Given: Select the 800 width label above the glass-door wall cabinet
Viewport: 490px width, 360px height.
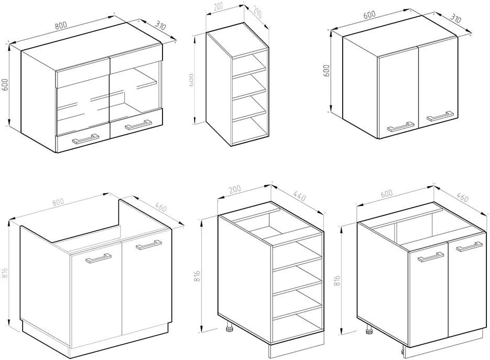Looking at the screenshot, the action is point(61,25).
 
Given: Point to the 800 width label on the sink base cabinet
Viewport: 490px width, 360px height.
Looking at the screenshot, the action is point(58,202).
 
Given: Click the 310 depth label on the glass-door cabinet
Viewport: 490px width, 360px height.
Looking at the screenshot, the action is point(160,26).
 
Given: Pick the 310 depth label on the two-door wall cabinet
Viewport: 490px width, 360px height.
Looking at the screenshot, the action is point(455,19).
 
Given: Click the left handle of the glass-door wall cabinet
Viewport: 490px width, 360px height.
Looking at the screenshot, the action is point(85,139).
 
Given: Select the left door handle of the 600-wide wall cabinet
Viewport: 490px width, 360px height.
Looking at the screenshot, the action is point(401,127).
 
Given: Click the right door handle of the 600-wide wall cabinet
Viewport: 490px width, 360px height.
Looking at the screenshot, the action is point(440,116).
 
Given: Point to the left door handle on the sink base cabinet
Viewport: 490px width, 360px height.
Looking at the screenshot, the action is point(99,258).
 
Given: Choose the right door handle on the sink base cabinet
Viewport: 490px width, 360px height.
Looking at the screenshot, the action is point(148,245).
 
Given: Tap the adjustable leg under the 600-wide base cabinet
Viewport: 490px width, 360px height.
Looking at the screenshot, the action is point(369,330).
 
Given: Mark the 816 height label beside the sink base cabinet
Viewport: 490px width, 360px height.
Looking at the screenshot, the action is point(5,275).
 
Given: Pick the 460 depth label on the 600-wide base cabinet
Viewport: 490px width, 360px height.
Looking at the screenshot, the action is point(463,198).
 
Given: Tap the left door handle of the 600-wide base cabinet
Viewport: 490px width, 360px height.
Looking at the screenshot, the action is point(431,257).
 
